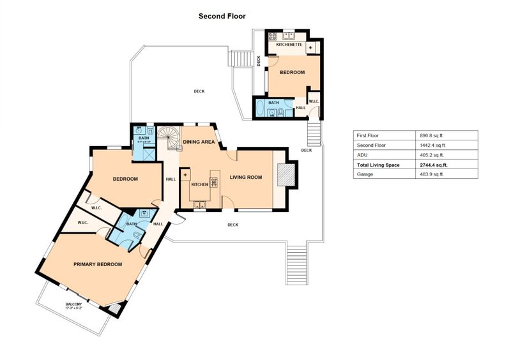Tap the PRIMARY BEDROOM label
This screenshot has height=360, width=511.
[97, 264]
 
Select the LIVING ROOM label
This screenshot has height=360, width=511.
[246, 177]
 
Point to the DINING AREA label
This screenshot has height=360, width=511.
[199, 142]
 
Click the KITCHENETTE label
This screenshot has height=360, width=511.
[289, 45]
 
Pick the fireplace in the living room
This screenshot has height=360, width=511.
[287, 174]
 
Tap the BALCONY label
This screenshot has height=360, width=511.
[74, 304]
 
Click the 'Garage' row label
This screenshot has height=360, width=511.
[365, 174]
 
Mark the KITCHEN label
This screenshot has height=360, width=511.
[199, 184]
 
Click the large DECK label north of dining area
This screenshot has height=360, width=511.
[199, 91]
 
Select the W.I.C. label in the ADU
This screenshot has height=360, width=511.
[314, 102]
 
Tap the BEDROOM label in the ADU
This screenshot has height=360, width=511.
[293, 73]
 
